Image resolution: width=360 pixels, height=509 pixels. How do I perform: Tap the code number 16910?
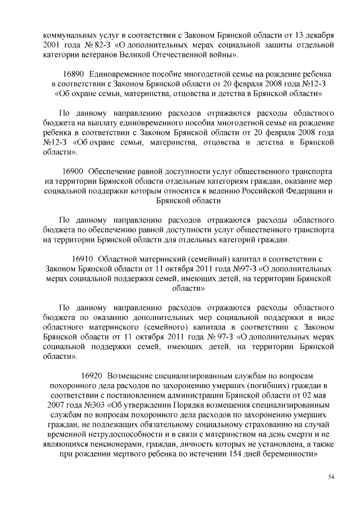pos(84,259)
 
